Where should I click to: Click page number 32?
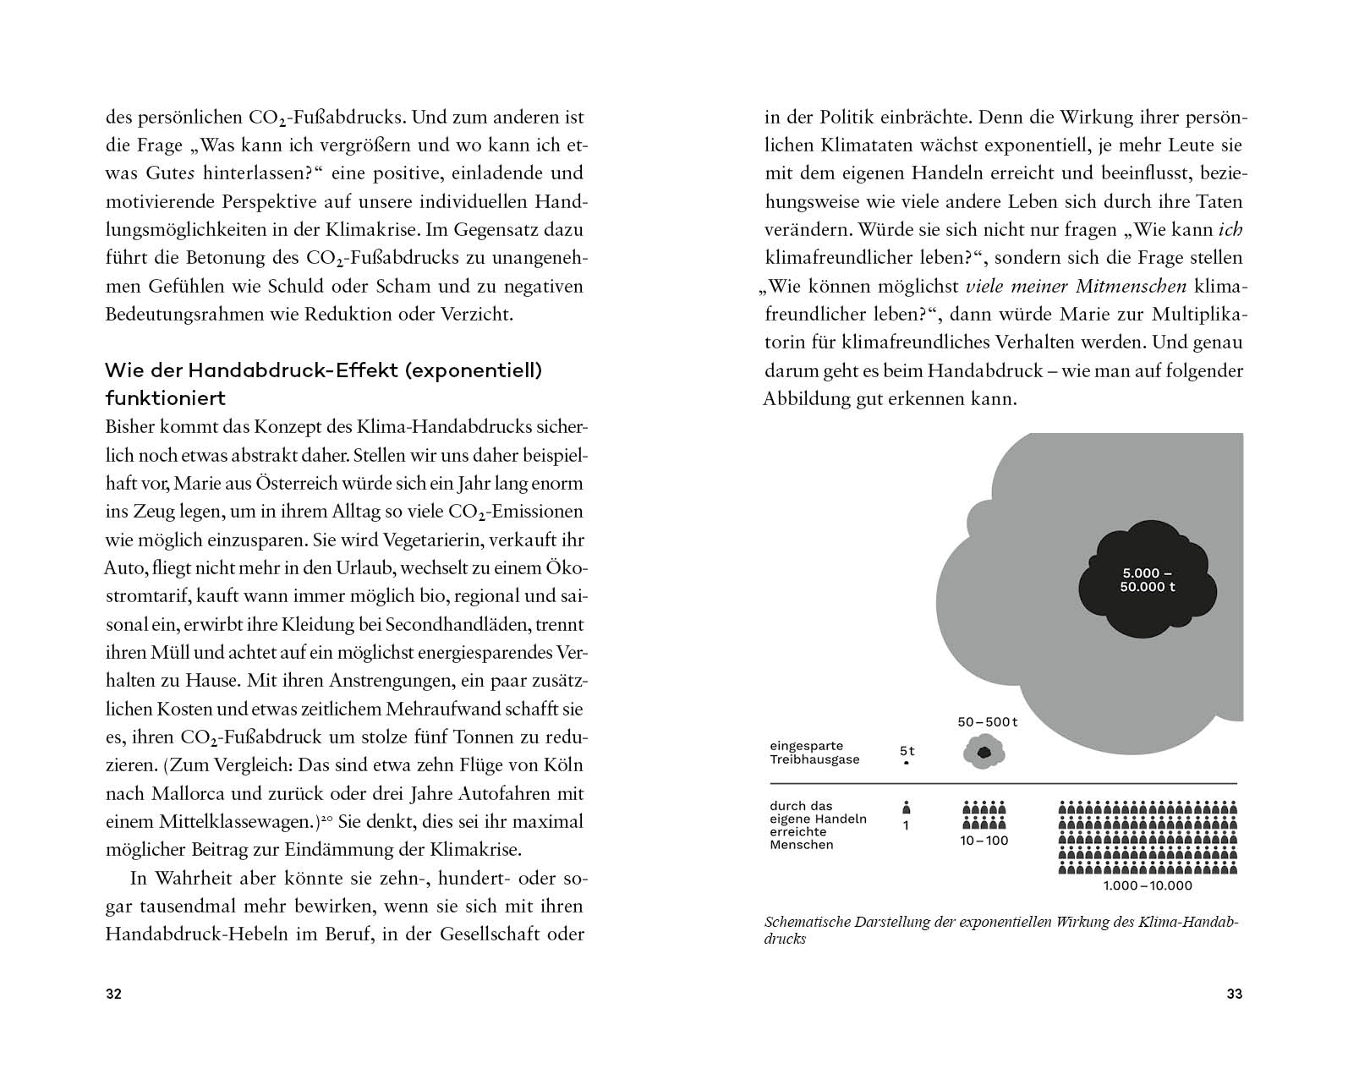coord(113,994)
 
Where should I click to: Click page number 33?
coord(1234,994)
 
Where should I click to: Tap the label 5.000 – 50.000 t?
coord(1147,580)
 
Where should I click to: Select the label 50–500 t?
coord(987,722)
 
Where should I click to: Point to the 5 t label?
coord(907,750)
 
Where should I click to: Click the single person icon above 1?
coord(907,807)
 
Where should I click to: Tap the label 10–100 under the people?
coord(984,841)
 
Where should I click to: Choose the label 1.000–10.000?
coord(1148,885)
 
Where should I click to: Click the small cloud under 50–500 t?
coord(983,752)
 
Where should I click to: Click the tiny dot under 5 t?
coord(907,763)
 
